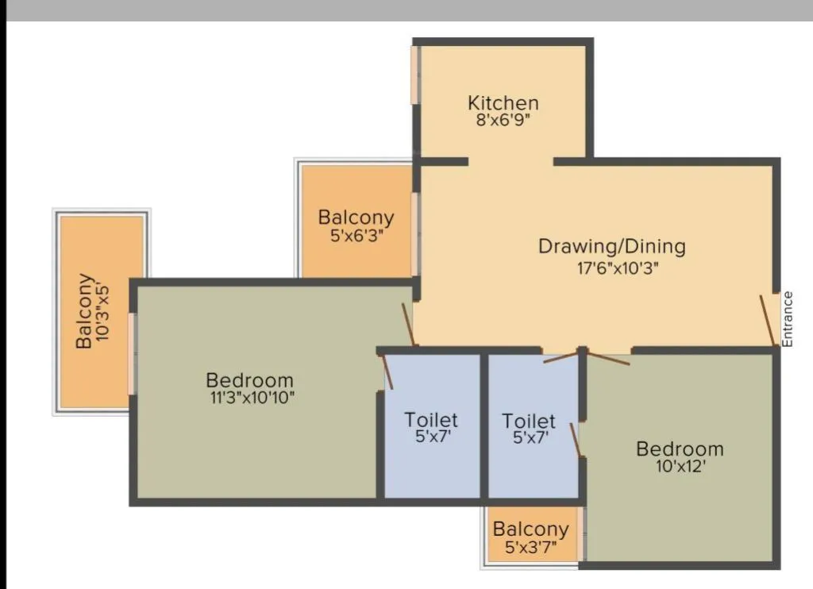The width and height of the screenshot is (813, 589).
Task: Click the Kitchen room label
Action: tap(503, 103)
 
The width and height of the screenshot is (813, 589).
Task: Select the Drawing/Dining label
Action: tap(611, 246)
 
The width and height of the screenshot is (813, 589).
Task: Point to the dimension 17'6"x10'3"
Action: tap(618, 268)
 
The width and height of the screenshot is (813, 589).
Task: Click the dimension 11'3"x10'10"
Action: tap(250, 398)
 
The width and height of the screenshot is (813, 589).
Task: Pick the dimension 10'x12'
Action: tap(679, 467)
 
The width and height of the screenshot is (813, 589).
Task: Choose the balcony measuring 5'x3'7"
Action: tap(530, 537)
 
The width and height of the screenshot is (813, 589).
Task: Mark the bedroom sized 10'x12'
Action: tap(679, 492)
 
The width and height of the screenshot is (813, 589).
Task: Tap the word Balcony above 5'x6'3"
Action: tap(356, 218)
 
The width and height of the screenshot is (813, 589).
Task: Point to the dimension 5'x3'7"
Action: tap(530, 547)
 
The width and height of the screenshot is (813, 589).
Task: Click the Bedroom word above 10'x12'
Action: tap(680, 449)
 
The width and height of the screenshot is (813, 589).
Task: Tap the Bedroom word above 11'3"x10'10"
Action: tap(249, 380)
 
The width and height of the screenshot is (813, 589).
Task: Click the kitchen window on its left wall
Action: tap(414, 75)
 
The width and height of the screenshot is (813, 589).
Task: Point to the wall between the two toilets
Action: tap(484, 425)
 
